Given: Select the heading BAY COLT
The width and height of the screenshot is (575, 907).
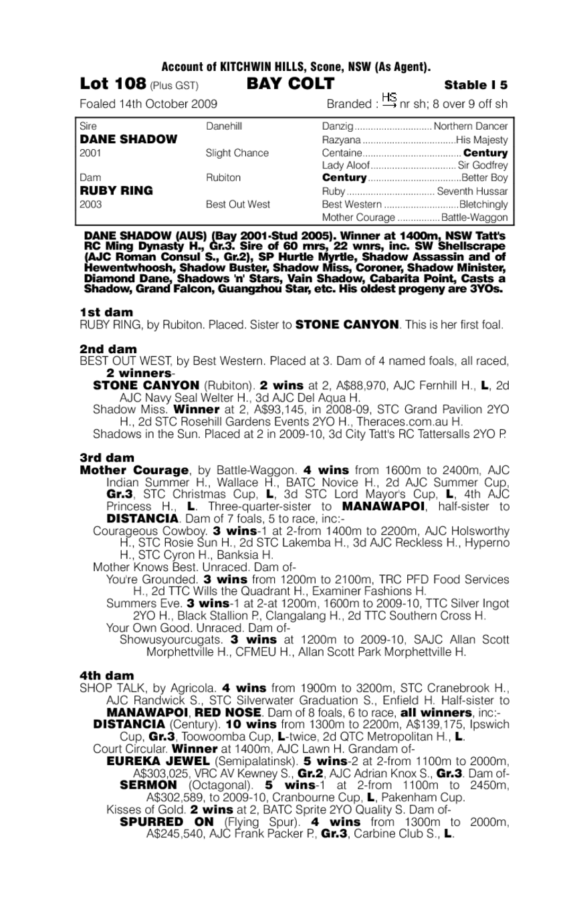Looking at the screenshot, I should [x=291, y=84].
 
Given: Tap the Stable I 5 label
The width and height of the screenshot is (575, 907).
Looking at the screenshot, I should [x=475, y=85].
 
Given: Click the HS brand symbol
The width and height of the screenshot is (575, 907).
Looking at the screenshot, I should [x=388, y=100].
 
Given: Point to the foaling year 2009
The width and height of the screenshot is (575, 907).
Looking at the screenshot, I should [x=203, y=104].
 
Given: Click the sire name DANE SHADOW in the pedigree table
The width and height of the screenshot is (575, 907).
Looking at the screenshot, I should [x=128, y=140].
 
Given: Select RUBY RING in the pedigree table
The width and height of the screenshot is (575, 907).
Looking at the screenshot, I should [x=116, y=191].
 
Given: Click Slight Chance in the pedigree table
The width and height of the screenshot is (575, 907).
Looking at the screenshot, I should [x=237, y=153].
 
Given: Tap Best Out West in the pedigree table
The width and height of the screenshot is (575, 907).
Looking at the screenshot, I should [x=238, y=205].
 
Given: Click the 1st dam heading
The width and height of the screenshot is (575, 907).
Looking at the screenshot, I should [x=106, y=312].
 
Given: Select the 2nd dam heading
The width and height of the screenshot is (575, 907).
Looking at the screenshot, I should [x=108, y=349].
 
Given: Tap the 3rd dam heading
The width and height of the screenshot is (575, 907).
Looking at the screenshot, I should [x=107, y=458].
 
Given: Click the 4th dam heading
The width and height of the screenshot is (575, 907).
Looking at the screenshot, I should [x=107, y=676].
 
